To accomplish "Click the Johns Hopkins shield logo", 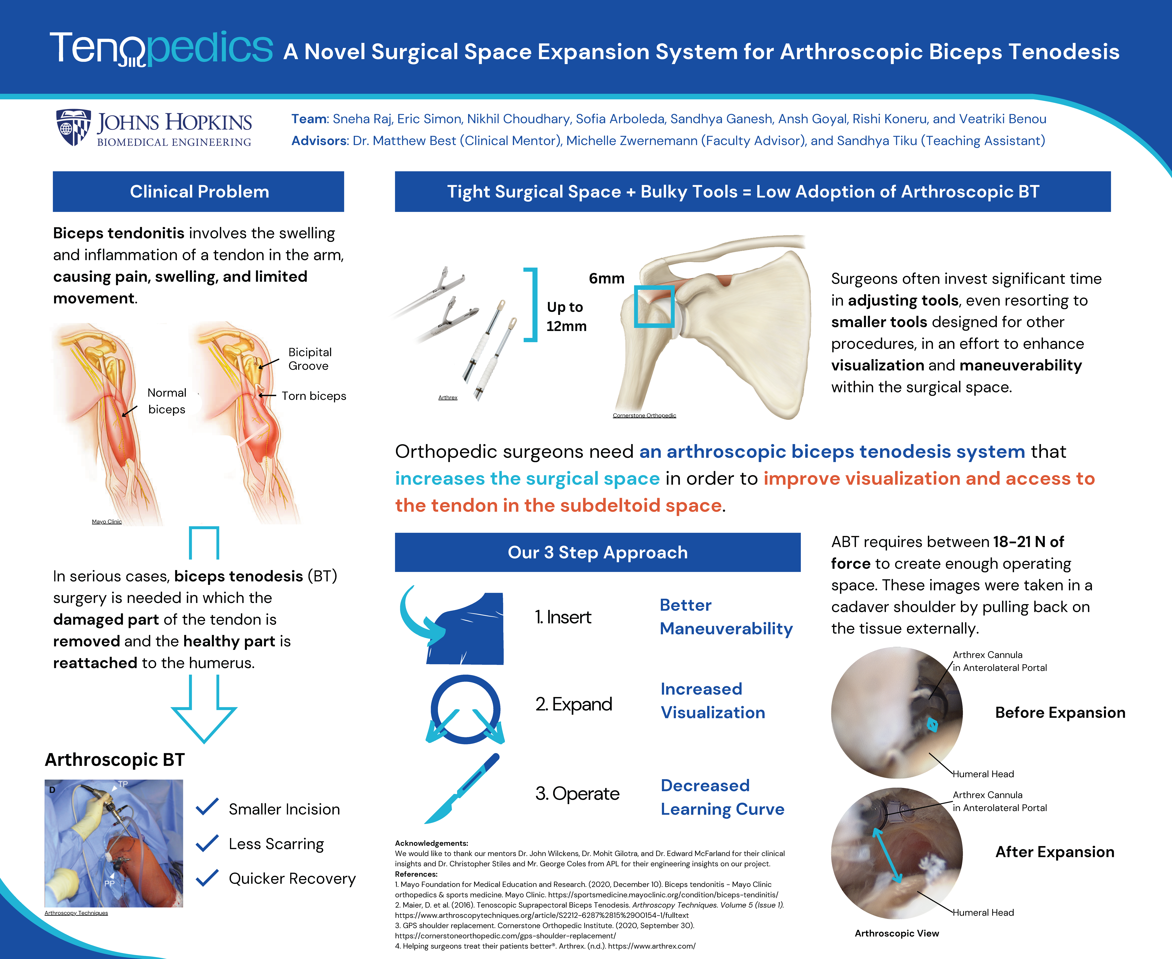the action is click(74, 127).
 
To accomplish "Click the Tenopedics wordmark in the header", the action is click(161, 49).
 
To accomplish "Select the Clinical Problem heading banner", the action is click(198, 192).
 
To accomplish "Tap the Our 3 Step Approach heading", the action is click(598, 552).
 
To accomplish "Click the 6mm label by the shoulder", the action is click(606, 278).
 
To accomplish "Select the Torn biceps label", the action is click(314, 396).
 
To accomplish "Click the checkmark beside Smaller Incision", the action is click(208, 807).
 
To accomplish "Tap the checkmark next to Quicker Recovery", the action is click(208, 877).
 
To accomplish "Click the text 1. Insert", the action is click(563, 617).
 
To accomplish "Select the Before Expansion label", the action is click(1060, 713).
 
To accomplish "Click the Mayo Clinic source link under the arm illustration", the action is click(107, 521).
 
